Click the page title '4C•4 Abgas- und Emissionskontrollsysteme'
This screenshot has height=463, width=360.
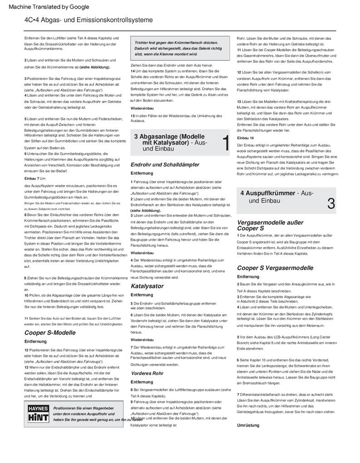click(89, 20)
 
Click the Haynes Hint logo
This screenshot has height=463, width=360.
click(38, 414)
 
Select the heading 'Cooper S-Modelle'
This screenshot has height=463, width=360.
click(50, 333)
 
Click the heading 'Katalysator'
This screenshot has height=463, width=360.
click(147, 286)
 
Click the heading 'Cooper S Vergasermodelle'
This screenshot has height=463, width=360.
click(275, 268)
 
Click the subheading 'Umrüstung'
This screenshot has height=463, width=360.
click(248, 425)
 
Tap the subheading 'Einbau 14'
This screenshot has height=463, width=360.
click(246, 138)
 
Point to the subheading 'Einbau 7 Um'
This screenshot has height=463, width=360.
click(35, 179)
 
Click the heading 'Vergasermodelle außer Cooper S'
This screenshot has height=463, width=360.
click(270, 225)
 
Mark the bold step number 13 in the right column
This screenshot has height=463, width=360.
click(239, 101)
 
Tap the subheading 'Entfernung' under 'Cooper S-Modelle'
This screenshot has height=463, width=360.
click(35, 341)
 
